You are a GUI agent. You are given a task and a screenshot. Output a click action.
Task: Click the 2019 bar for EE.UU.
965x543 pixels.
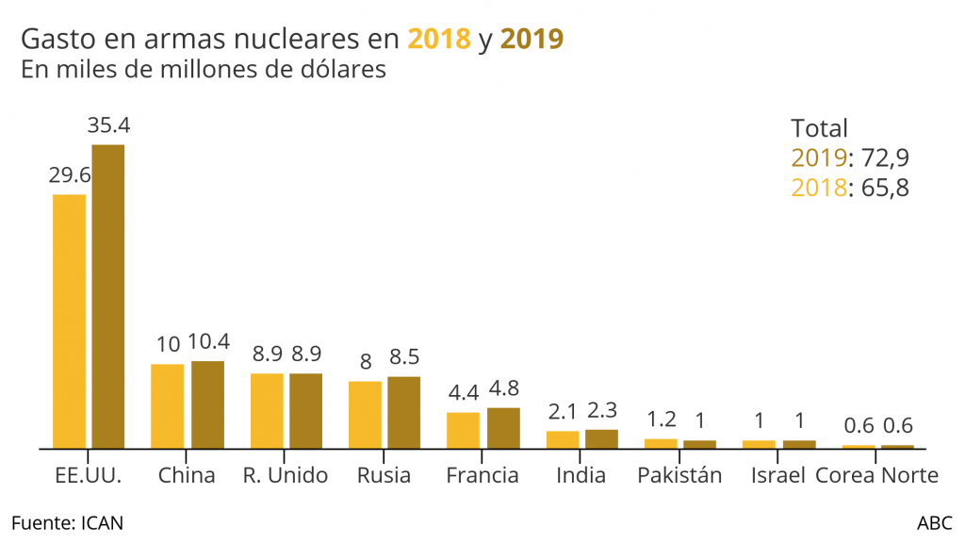pyautogui.click(x=107, y=296)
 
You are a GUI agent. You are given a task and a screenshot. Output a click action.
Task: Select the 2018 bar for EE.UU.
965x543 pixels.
pyautogui.click(x=69, y=321)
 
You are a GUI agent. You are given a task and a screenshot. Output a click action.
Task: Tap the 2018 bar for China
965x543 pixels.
pyautogui.click(x=168, y=405)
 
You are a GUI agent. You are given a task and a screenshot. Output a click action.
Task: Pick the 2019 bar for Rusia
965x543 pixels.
pyautogui.click(x=404, y=412)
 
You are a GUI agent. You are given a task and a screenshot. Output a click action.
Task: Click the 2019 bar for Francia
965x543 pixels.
pyautogui.click(x=503, y=427)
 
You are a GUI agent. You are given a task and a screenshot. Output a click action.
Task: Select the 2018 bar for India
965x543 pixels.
pyautogui.click(x=563, y=438)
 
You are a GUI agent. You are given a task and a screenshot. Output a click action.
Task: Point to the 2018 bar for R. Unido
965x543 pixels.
pyautogui.click(x=267, y=410)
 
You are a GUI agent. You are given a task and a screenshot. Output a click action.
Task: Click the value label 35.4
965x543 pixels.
pyautogui.click(x=108, y=125)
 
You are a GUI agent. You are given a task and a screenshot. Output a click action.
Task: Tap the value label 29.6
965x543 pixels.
pyautogui.click(x=70, y=175)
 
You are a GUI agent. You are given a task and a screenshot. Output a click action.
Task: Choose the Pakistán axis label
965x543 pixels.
pyautogui.click(x=679, y=475)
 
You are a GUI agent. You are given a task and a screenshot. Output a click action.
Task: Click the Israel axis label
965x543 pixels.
pyautogui.click(x=777, y=475)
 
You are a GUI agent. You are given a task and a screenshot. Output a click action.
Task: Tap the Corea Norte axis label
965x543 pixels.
pyautogui.click(x=876, y=475)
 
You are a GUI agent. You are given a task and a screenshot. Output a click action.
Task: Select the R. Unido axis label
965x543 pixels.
pyautogui.click(x=286, y=475)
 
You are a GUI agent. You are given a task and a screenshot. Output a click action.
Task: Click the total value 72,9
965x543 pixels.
pyautogui.click(x=882, y=157)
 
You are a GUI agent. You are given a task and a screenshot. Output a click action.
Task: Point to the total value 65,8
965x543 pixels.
pyautogui.click(x=882, y=187)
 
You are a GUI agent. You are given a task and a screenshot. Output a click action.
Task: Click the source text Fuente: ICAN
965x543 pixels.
pyautogui.click(x=67, y=522)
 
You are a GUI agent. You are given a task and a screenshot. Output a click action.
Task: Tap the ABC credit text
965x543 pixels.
pyautogui.click(x=934, y=522)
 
